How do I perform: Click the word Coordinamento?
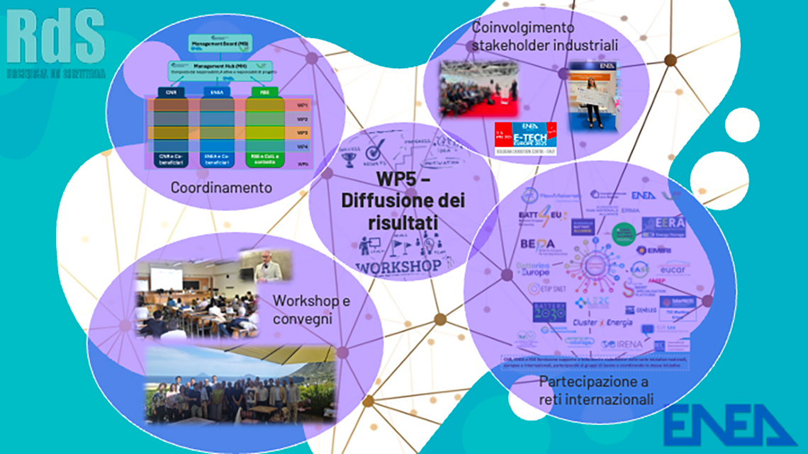(x=221, y=188)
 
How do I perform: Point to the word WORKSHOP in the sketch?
(x=398, y=268)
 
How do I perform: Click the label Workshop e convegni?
(x=312, y=309)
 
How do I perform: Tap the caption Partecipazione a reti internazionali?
(x=595, y=391)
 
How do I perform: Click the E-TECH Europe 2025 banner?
(x=526, y=135)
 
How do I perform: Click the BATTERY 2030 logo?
(x=549, y=312)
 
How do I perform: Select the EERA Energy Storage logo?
(x=663, y=226)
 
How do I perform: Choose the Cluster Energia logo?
(x=602, y=323)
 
